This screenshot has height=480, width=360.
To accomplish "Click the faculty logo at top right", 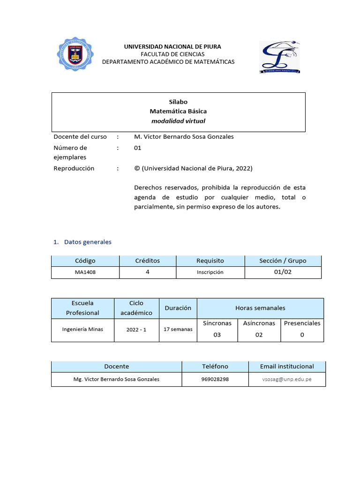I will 279,57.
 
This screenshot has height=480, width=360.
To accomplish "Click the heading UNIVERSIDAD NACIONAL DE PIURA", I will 172,46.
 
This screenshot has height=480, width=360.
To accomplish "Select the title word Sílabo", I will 178,101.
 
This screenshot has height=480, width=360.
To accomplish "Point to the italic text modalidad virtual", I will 178,121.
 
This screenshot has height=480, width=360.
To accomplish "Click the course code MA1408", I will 85,272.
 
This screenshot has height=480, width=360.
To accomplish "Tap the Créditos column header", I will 148,261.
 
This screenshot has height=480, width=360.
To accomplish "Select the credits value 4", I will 148,272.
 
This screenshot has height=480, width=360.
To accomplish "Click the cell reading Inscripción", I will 210,272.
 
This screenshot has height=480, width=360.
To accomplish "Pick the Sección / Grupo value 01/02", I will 283,272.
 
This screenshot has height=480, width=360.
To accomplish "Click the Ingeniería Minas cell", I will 82,329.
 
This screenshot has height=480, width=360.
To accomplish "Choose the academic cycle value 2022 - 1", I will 136,330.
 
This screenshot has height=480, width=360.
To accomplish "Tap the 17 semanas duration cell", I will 178,330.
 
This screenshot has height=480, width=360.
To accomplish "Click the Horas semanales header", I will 260,308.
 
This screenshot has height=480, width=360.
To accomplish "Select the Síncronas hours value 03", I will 217,335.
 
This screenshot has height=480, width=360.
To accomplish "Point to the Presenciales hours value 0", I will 302,335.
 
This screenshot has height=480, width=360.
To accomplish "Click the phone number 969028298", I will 215,379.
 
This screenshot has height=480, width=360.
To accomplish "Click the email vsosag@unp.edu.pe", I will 287,379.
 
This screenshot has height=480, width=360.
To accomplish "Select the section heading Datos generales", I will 88,242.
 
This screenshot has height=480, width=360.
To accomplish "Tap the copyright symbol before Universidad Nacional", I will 137,169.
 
